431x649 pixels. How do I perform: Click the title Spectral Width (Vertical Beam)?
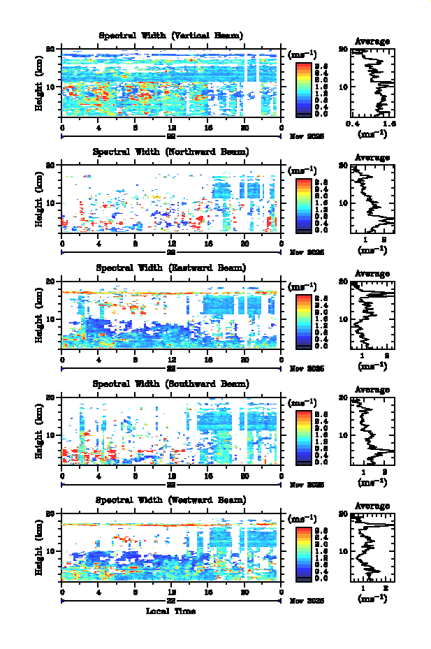(x=171, y=36)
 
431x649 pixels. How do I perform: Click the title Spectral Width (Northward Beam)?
(x=171, y=152)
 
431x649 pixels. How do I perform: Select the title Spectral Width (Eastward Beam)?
(x=171, y=268)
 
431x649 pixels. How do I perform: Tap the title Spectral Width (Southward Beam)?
(x=171, y=384)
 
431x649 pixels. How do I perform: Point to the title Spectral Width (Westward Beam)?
(x=171, y=500)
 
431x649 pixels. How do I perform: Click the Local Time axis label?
(x=170, y=611)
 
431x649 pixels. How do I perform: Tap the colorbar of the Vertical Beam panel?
(x=303, y=87)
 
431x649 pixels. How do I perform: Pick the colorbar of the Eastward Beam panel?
(x=303, y=320)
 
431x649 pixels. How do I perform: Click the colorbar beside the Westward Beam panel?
(x=303, y=553)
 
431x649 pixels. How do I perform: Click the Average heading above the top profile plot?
(x=372, y=41)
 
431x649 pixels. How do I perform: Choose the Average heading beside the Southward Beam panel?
(x=372, y=390)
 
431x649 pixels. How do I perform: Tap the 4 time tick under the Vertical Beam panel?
(x=98, y=127)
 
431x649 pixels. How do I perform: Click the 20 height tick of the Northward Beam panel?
(x=50, y=166)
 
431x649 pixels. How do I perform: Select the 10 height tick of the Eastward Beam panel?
(x=50, y=319)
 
